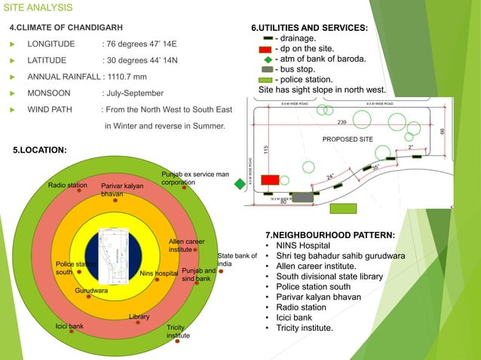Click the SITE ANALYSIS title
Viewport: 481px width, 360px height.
click(38, 8)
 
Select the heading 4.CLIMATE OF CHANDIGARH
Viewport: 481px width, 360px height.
click(61, 28)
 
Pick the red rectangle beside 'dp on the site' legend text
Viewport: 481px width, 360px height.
click(265, 49)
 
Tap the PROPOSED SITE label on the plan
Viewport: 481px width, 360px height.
click(349, 139)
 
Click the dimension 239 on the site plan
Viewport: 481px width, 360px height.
click(342, 122)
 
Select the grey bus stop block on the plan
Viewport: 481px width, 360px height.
click(303, 197)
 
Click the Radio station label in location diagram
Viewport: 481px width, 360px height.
click(67, 184)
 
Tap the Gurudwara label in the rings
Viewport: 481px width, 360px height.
click(91, 290)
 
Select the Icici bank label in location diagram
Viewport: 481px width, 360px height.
click(69, 326)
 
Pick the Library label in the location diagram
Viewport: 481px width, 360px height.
click(139, 317)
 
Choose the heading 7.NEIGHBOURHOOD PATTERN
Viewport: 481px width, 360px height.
click(330, 233)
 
